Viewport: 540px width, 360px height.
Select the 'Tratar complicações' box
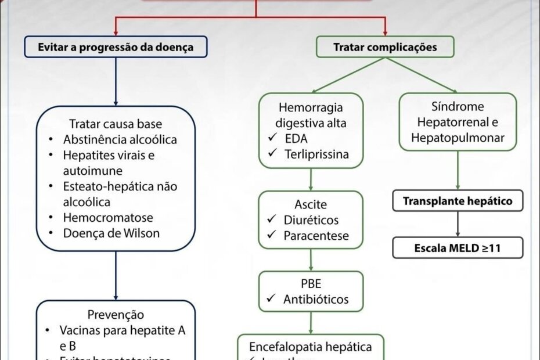(385, 47)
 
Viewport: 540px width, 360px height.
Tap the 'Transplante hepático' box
(458, 201)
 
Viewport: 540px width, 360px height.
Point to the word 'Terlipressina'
(316, 154)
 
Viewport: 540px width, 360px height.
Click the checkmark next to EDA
(273, 139)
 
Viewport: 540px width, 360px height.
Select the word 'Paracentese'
(316, 236)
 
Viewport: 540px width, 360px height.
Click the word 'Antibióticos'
(316, 300)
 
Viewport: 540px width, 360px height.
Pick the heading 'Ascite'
(311, 205)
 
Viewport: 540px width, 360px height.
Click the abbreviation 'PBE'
(311, 284)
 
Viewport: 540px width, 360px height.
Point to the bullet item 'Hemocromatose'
(108, 218)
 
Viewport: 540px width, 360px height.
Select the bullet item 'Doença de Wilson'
(111, 233)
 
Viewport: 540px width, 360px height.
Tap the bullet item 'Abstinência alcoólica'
(120, 140)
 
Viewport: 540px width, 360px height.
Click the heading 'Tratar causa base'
(116, 124)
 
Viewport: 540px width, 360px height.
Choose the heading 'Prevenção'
(116, 315)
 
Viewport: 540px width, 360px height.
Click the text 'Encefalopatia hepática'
(311, 347)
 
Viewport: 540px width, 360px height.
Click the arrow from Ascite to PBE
(311, 260)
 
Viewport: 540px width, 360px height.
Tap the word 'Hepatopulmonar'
(458, 138)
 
